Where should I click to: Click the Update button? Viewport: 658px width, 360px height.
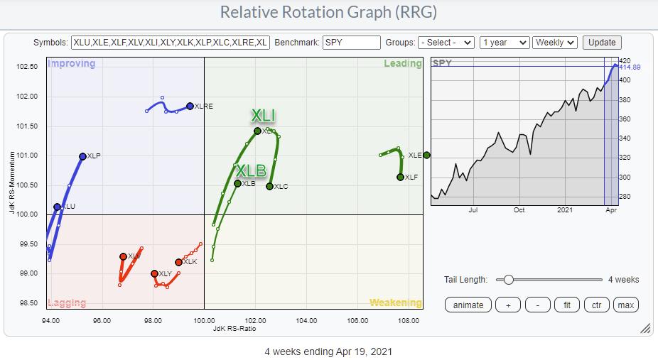click(x=602, y=43)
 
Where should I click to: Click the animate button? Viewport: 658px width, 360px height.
click(x=468, y=305)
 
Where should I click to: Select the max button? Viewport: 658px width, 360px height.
click(x=625, y=305)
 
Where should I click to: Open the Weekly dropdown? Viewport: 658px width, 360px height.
click(x=555, y=43)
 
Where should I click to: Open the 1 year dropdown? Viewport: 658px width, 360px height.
click(x=504, y=43)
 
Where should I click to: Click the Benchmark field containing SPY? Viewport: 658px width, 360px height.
click(x=351, y=43)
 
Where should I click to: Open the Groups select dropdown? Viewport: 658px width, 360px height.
click(x=446, y=43)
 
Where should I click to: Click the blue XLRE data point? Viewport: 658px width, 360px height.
click(x=190, y=106)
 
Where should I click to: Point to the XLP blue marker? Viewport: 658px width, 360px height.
click(x=82, y=156)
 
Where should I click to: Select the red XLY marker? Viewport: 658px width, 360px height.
click(x=154, y=273)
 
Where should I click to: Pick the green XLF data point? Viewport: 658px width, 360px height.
click(x=400, y=177)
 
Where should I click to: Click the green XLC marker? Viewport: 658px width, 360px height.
click(x=270, y=186)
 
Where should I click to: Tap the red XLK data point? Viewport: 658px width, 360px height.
click(x=178, y=262)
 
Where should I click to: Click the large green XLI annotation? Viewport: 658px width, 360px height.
click(x=262, y=116)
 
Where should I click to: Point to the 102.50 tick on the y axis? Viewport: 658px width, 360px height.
click(x=26, y=67)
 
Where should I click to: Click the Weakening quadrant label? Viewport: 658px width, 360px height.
click(x=395, y=303)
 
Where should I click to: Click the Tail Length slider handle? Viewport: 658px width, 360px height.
click(x=508, y=280)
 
